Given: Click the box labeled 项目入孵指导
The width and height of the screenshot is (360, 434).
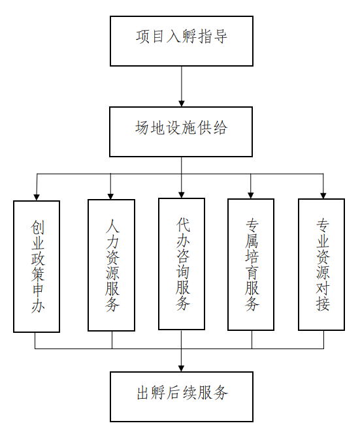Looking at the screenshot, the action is (182, 41).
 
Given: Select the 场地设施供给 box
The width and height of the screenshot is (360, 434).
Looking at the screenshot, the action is (181, 132).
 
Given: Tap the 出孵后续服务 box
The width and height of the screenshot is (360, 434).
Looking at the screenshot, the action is (182, 397).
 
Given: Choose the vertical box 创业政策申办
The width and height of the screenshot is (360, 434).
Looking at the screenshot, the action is (37, 266).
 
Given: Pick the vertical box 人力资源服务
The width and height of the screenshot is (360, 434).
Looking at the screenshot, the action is (112, 265).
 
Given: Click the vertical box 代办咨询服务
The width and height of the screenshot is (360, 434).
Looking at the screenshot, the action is (182, 264).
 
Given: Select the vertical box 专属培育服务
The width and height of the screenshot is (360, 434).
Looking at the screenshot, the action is (251, 264).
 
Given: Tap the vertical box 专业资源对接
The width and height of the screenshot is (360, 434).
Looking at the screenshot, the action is (321, 264).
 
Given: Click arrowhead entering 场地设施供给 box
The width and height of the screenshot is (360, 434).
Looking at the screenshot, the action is (182, 103).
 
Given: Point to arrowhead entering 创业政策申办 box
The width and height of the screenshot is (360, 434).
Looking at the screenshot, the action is (37, 197).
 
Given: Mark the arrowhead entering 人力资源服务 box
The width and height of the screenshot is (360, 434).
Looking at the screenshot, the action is (110, 196).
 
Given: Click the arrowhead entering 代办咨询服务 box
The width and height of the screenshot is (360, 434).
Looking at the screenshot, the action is (181, 194).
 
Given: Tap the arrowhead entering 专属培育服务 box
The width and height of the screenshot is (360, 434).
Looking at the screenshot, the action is (251, 195).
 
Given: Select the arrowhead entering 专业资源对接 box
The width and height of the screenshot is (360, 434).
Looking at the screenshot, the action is (323, 195).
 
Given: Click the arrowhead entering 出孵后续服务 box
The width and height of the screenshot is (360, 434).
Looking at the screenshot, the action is (181, 368).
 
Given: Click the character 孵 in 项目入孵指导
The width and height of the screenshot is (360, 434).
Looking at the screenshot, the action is (189, 37).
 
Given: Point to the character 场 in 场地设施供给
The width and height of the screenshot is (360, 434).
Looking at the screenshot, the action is (142, 127).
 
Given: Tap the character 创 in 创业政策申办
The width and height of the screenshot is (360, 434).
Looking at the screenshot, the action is (37, 227).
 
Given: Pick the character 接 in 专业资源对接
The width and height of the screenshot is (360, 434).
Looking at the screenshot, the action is (323, 303).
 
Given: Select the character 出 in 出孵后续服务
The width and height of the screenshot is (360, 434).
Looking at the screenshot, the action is (144, 392).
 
